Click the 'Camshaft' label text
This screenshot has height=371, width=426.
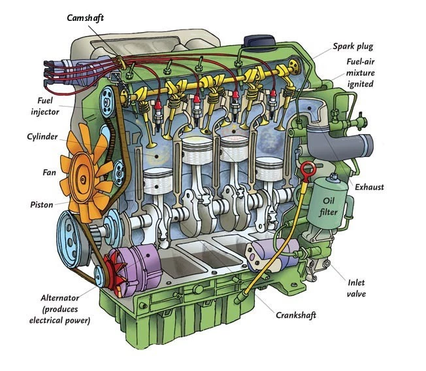[86, 18]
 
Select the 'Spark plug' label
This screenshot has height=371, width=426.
[354, 46]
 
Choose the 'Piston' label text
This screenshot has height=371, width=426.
[41, 204]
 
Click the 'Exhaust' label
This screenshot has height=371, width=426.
[369, 187]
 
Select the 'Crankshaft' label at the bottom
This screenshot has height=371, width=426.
[295, 316]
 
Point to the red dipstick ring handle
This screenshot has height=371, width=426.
[305, 171]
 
